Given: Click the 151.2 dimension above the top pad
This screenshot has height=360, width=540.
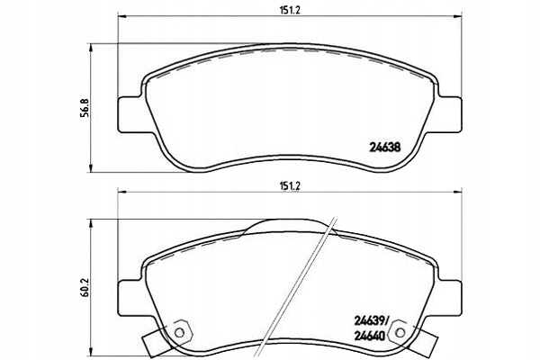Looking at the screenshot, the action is [290, 10].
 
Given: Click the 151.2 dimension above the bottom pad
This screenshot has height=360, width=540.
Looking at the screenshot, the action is [290, 186].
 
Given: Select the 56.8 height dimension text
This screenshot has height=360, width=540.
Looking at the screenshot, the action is [85, 108].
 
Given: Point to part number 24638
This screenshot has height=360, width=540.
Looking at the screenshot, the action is [385, 148].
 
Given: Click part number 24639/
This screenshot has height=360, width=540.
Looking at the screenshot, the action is [371, 321].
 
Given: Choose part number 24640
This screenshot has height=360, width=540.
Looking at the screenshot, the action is [370, 336].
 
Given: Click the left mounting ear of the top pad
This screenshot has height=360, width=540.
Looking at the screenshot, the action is [130, 114].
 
